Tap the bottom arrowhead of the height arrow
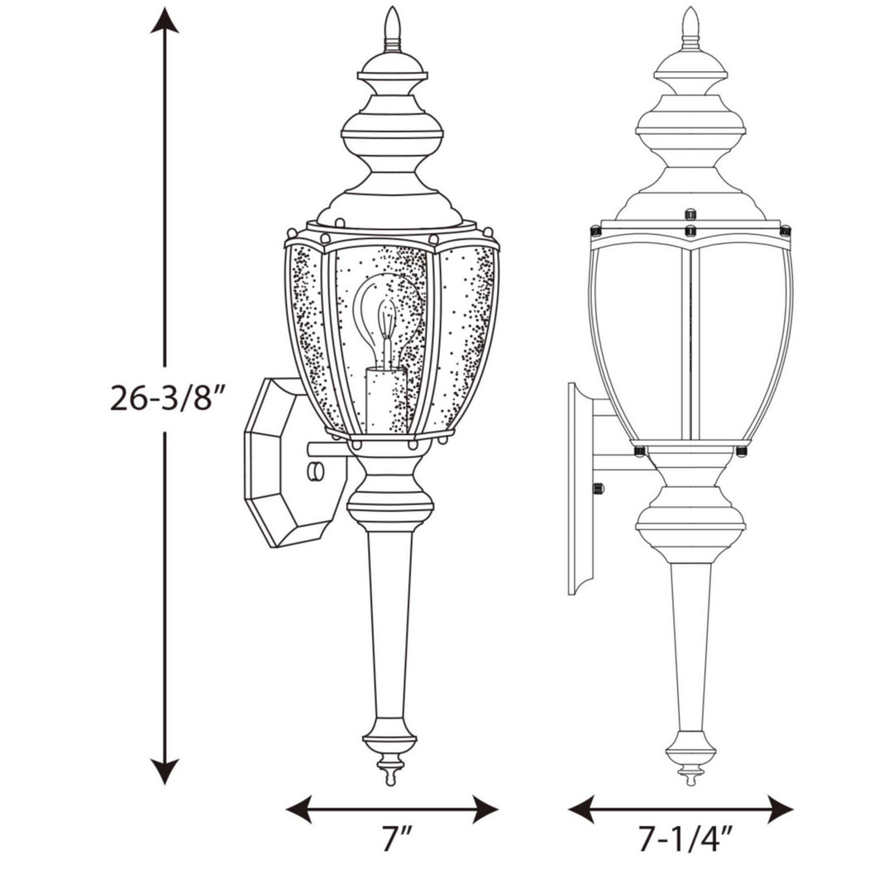pyautogui.click(x=165, y=772)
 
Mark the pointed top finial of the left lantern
pyautogui.click(x=393, y=25)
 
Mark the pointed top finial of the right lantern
pyautogui.click(x=690, y=25)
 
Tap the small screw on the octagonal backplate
pyautogui.click(x=314, y=472)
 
